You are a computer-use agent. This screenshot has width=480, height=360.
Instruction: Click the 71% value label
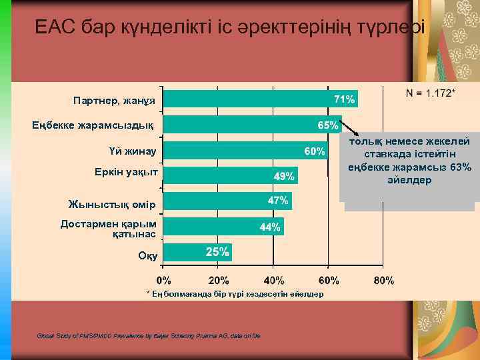pos(344,99)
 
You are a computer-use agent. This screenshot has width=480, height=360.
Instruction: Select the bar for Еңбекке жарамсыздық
pos(253,125)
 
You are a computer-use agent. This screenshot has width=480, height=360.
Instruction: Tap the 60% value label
pos(315,151)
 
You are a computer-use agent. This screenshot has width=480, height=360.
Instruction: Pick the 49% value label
pos(285,177)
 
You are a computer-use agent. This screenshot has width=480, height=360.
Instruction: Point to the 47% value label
pos(278,200)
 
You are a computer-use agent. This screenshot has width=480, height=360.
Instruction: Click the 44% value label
pos(271,227)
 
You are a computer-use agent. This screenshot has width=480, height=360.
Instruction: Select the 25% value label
pos(217,251)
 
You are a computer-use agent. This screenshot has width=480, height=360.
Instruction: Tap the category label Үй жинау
pos(132,152)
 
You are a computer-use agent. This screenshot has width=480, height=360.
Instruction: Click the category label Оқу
pos(147,255)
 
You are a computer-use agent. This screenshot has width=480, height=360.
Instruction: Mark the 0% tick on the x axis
pos(164,280)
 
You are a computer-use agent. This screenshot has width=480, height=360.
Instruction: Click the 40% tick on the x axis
pos(273,280)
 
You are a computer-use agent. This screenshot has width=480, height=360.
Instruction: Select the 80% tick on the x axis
pos(383,280)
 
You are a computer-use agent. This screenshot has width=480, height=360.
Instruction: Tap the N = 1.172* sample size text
pos(431,93)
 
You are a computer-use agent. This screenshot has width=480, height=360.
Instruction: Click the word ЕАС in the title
pos(55,26)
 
